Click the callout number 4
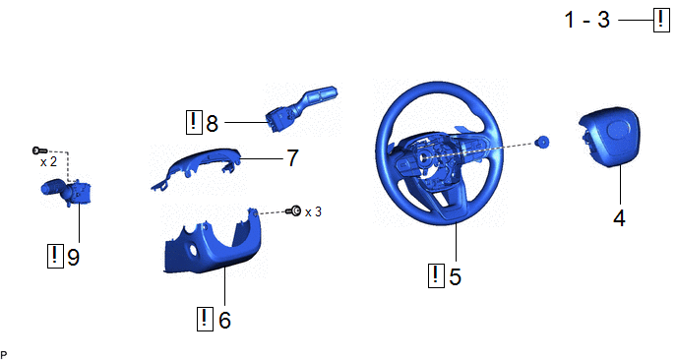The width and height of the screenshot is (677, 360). pos(619,218)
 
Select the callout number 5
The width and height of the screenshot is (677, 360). pos(455,276)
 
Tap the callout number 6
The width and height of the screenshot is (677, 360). pos(224,320)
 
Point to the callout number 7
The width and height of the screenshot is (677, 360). pos(292,158)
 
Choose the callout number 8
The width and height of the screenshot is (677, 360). pos(212,124)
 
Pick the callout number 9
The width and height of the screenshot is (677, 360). pos(74,258)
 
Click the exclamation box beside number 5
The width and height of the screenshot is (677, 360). pos(436,275)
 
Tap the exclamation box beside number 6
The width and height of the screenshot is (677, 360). pos(205,319)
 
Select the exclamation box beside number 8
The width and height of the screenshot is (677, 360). pos(194,122)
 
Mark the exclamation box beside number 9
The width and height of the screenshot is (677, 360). pos(55,256)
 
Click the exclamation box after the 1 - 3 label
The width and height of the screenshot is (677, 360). pos(661,20)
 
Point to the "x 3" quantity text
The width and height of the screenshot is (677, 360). pos(313,211)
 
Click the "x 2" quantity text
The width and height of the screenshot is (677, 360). pos(48,162)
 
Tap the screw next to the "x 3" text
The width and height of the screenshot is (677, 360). pos(293,211)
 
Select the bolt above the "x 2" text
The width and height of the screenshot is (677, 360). pos(39,150)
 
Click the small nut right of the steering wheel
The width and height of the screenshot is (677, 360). pos(542,142)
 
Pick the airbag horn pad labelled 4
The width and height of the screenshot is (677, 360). pos(609,137)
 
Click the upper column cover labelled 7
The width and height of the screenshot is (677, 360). pos(199,168)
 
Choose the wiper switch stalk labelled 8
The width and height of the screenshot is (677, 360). pos(300,108)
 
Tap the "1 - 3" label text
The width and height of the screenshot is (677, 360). pos(587,20)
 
